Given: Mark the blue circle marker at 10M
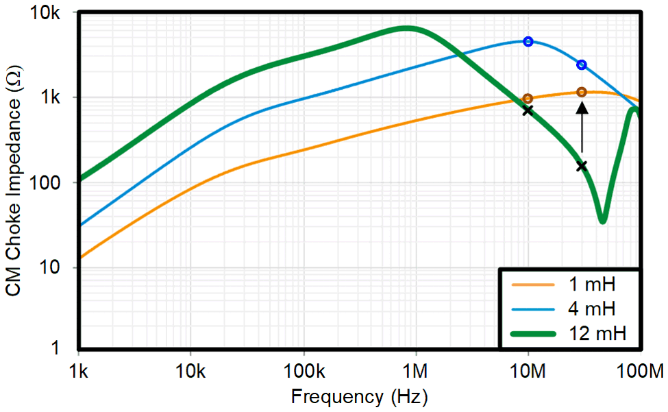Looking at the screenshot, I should point(528,42).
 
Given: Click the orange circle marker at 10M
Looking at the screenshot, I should point(528,99).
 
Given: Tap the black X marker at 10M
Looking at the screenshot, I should point(528,110).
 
